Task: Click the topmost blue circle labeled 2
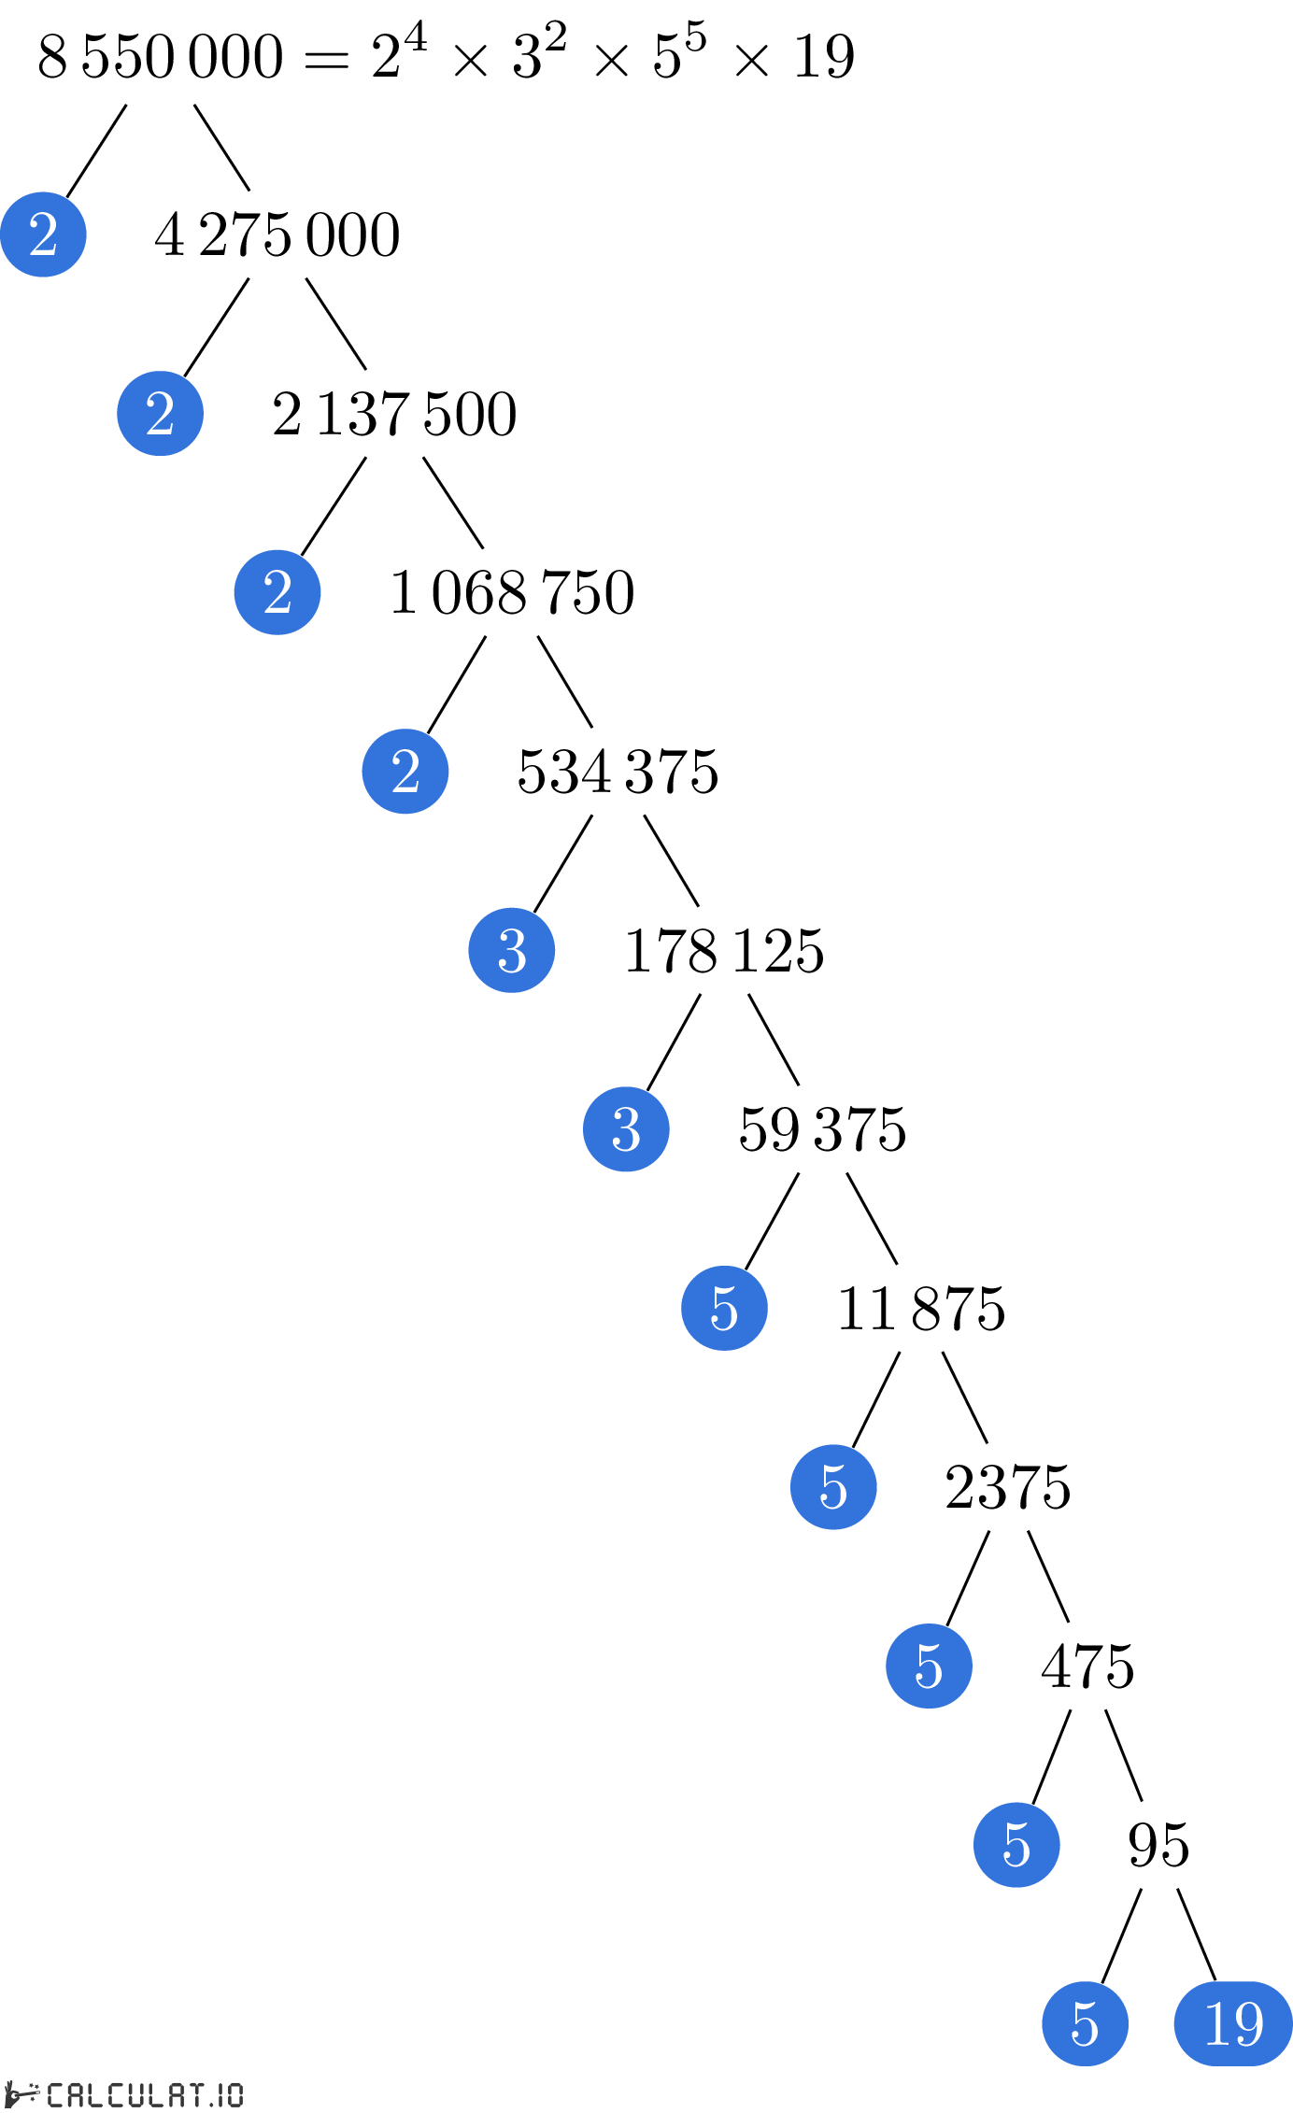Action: [43, 234]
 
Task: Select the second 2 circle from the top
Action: [160, 413]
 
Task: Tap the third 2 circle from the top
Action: [277, 592]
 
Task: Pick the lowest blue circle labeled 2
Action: [405, 772]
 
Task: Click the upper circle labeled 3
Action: [512, 950]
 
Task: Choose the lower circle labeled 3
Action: [626, 1129]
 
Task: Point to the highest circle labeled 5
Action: [724, 1308]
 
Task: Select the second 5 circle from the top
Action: [833, 1487]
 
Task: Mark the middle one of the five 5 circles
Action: [929, 1666]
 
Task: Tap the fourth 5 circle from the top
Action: [1016, 1845]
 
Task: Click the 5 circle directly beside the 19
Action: [1085, 2023]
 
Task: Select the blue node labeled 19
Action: [1233, 2023]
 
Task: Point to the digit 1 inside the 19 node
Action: [1217, 2024]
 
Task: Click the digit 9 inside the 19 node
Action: [1249, 2024]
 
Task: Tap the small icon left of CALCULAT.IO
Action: [21, 2093]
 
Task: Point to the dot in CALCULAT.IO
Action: [212, 2105]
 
